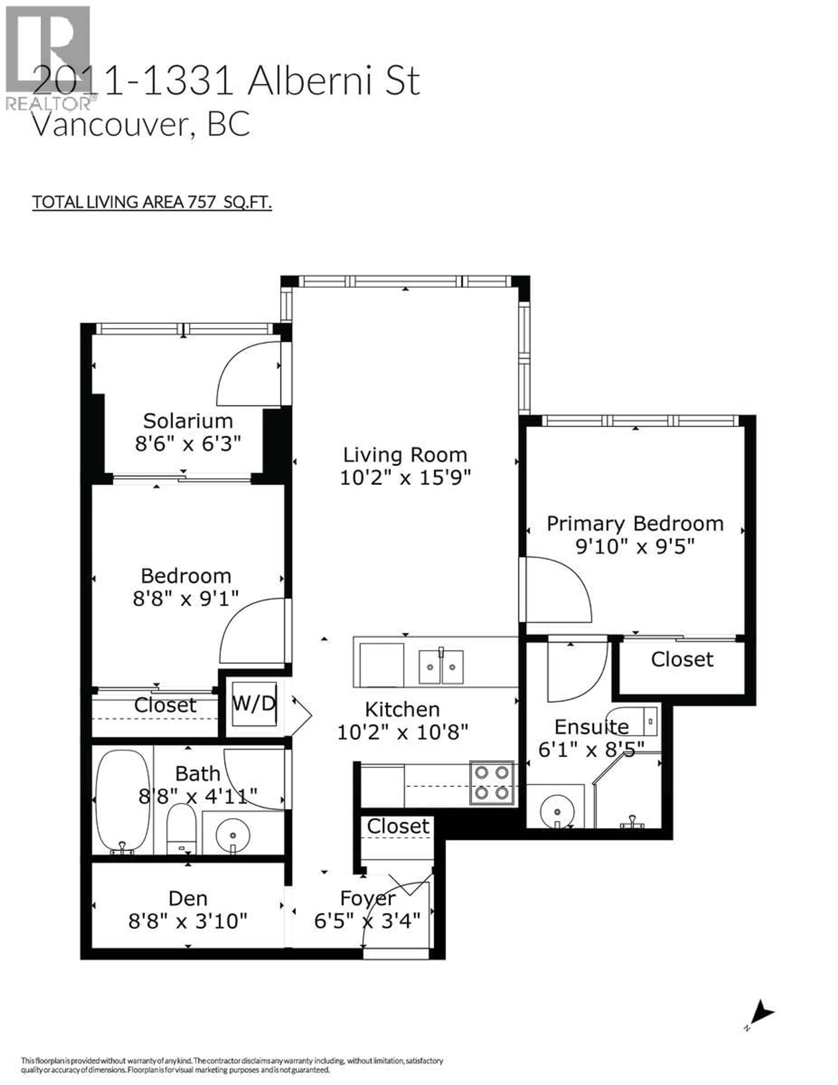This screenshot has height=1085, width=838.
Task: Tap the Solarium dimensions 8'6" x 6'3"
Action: (188, 444)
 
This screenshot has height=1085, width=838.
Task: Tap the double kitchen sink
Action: (441, 667)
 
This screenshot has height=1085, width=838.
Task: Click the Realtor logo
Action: (48, 57)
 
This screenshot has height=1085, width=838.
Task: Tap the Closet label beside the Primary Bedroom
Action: (682, 659)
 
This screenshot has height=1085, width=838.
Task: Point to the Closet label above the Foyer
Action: (398, 826)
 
